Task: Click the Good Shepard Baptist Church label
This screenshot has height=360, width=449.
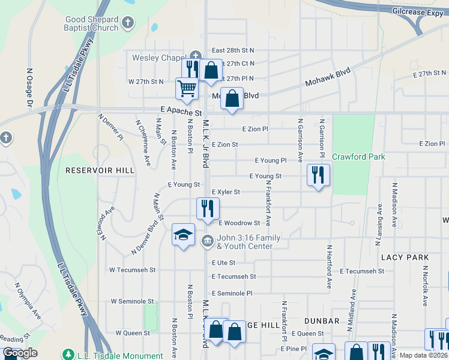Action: pos(92,23)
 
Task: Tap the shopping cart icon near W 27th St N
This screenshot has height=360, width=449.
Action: pos(187,88)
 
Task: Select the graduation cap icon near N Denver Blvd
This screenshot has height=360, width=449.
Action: pos(183,234)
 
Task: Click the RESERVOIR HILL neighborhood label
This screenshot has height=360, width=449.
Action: pos(100,170)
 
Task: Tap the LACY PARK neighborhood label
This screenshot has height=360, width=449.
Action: pos(405,257)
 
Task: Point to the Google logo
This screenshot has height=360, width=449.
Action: pos(20,353)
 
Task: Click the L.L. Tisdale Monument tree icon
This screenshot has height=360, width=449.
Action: pos(68,355)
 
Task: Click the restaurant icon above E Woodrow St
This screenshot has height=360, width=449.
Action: pos(207,208)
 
